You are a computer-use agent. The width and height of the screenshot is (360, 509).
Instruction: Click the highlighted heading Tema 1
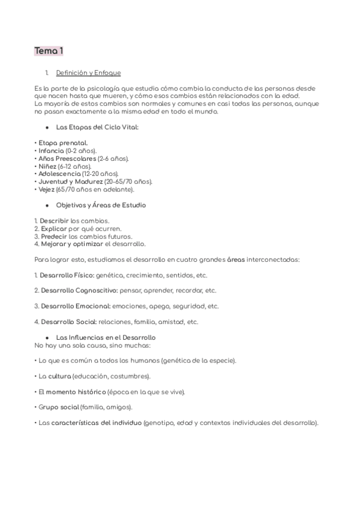(x=49, y=51)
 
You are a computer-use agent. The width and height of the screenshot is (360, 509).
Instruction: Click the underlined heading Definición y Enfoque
(x=88, y=73)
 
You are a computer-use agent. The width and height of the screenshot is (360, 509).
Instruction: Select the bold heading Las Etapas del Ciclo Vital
(x=97, y=127)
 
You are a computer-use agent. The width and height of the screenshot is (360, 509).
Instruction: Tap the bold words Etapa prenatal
(x=59, y=143)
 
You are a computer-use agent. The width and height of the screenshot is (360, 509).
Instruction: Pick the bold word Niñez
(x=47, y=166)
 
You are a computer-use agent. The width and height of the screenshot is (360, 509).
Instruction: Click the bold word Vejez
(x=46, y=190)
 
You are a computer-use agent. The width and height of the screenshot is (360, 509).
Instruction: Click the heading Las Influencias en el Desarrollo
(x=106, y=337)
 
